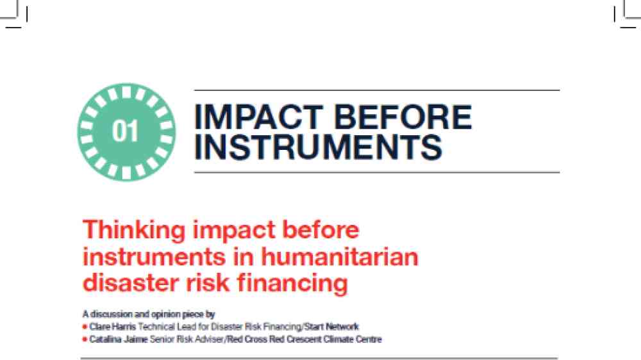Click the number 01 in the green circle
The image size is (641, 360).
tap(125, 131)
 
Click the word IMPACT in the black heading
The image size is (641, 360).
tap(258, 117)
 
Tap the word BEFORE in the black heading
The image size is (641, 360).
tap(403, 117)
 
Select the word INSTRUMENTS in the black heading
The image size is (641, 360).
tap(318, 147)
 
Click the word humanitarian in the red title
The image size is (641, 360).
tap(340, 257)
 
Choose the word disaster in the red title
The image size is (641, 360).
tap(131, 282)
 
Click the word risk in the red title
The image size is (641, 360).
tap(208, 282)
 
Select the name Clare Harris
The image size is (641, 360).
tap(112, 327)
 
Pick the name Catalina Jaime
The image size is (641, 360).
tap(119, 340)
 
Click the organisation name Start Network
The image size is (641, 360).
tap(331, 327)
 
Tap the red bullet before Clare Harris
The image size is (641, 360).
tap(85, 327)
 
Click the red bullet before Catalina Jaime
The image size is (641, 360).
tap(85, 340)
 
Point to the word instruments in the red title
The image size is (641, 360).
tap(154, 258)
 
